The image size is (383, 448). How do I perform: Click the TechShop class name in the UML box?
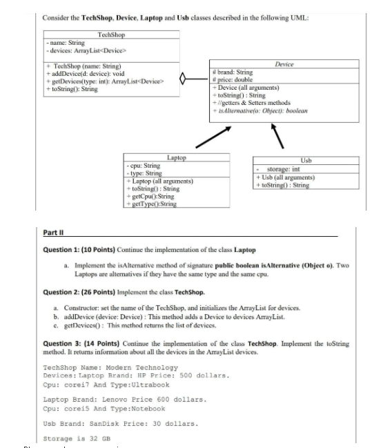(110, 34)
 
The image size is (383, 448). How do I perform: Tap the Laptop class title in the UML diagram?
(177, 158)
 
